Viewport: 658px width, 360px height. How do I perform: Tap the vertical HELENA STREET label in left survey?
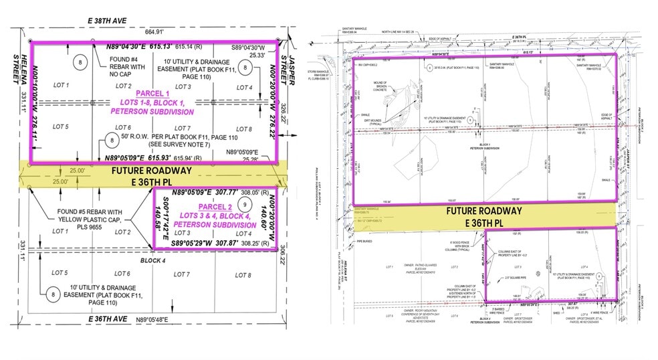(25, 74)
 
